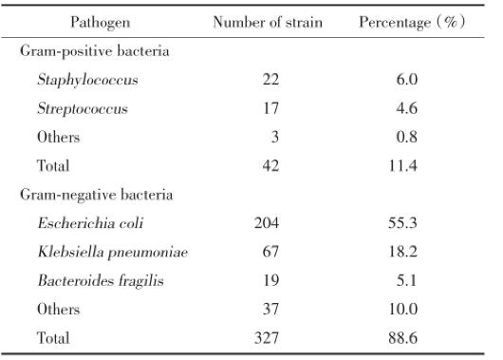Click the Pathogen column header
click(100, 22)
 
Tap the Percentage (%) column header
click(410, 22)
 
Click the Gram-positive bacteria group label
click(95, 50)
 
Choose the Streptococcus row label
click(82, 108)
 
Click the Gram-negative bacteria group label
click(97, 195)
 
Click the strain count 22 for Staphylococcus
click(270, 80)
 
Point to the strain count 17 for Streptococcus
click(270, 108)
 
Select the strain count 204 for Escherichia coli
click(267, 223)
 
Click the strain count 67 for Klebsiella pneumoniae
click(270, 252)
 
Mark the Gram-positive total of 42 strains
click(270, 165)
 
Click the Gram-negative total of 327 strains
click(267, 337)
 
